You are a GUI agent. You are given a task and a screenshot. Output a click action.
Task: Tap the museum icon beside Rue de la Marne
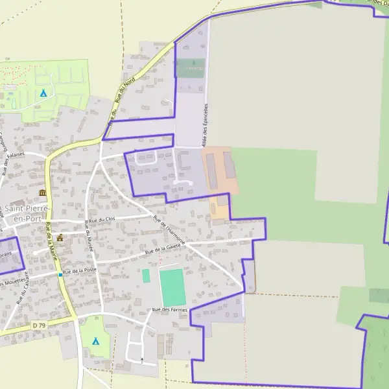click(43, 193)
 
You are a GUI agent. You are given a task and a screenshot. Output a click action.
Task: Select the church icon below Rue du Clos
click(61, 238)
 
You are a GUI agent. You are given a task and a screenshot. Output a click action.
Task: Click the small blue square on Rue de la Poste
click(60, 274)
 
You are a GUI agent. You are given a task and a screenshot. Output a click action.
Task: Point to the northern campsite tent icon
click(43, 93)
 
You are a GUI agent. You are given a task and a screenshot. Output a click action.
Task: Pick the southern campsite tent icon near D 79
click(96, 340)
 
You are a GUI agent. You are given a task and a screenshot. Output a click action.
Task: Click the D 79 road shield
click(40, 324)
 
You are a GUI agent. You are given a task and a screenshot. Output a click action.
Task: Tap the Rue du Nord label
click(120, 91)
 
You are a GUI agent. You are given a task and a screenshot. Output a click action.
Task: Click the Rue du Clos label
click(102, 220)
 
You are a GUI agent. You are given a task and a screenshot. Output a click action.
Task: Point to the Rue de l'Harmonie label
click(170, 230)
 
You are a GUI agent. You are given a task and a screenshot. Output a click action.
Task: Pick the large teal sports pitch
click(172, 287)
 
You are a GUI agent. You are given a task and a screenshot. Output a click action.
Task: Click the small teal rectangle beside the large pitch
click(146, 276)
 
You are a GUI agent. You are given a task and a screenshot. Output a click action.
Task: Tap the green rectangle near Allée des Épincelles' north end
click(191, 68)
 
